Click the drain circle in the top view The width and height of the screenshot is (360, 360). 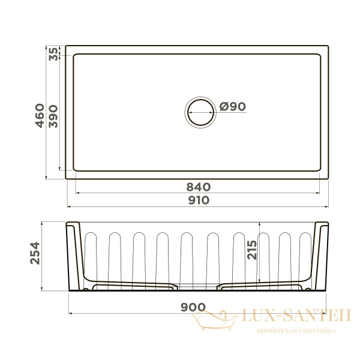coord(199,112)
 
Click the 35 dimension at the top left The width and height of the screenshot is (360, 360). coord(53,53)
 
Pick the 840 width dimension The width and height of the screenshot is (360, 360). coord(197,187)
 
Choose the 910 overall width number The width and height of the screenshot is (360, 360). coord(197,200)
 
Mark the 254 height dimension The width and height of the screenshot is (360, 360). coord(34,254)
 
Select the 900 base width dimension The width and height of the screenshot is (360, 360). coord(193,307)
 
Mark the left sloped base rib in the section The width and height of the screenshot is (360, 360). coord(129,283)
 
